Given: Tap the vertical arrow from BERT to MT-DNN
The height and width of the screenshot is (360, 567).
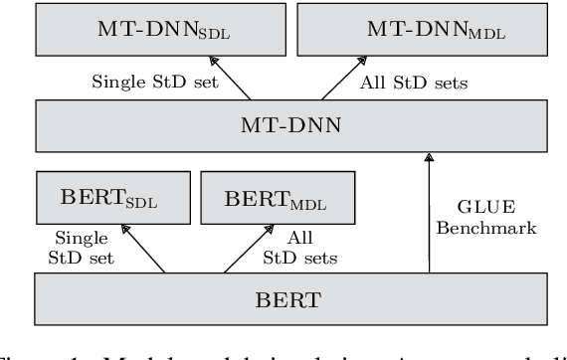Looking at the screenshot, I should (x=430, y=209).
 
